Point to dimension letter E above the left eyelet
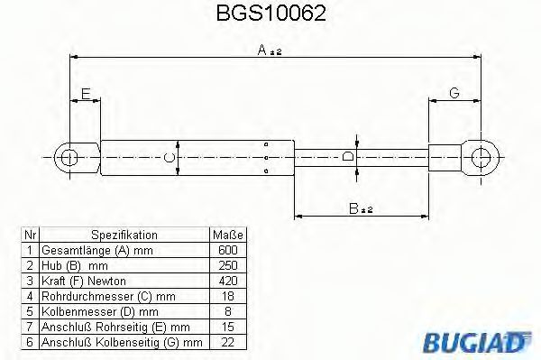tap(85, 93)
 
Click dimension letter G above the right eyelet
tap(454, 93)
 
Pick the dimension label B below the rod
tap(357, 209)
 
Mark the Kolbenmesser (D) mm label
tap(89, 309)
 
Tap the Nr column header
tap(30, 234)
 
